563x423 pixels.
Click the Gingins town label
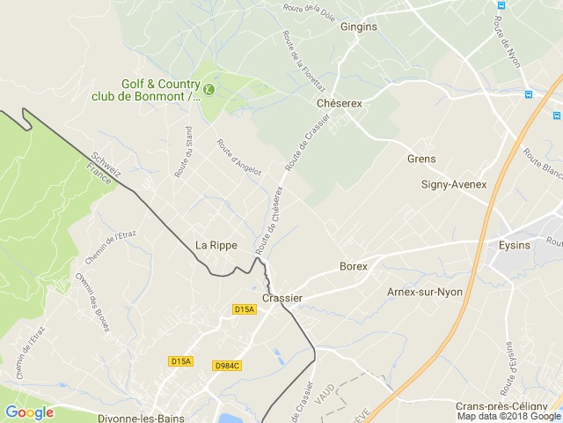(x=358, y=26)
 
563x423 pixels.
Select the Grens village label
(x=421, y=159)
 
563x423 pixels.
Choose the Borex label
(x=353, y=265)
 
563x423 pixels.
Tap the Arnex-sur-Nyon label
(x=424, y=291)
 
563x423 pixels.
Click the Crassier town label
(x=282, y=298)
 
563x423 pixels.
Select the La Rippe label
(x=216, y=245)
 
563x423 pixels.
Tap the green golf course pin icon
(x=208, y=88)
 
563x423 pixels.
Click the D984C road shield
(x=227, y=365)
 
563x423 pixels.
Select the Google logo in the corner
(x=29, y=412)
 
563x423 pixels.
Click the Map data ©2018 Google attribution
(x=508, y=417)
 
